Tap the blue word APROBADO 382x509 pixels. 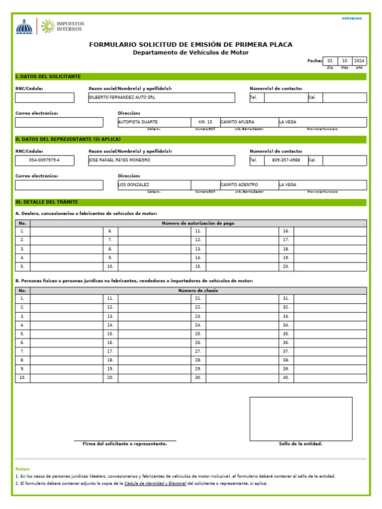(x=352, y=18)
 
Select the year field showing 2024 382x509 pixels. (x=359, y=61)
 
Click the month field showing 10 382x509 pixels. (x=345, y=61)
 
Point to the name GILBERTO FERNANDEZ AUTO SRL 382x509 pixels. (x=122, y=97)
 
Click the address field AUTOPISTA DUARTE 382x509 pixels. (x=138, y=122)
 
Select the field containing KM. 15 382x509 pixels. (x=205, y=122)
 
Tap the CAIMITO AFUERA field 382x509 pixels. (x=237, y=122)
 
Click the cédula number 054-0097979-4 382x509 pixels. (x=44, y=160)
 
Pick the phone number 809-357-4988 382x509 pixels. (x=286, y=160)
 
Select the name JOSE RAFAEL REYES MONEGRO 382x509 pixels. (x=119, y=160)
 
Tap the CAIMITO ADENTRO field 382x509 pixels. (x=239, y=185)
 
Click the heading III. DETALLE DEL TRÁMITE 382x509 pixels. (x=47, y=202)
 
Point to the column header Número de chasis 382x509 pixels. (x=198, y=290)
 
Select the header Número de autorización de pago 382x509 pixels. (x=198, y=223)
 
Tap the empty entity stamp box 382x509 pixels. (x=300, y=419)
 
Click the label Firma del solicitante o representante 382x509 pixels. (x=125, y=444)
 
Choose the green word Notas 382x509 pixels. (x=22, y=469)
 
